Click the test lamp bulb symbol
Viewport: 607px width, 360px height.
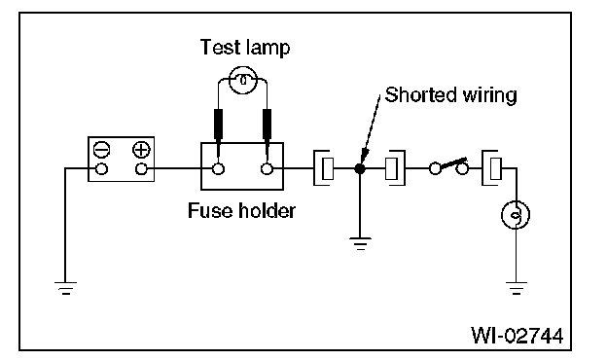click(243, 80)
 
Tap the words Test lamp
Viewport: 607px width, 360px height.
click(245, 48)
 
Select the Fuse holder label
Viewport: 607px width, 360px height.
click(241, 211)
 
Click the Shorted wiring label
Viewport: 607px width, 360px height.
click(451, 95)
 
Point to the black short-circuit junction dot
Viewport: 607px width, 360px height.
click(360, 168)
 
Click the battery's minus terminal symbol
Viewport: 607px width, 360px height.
click(102, 150)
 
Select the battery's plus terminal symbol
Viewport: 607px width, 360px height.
click(141, 150)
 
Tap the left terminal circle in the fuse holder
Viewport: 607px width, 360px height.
click(218, 169)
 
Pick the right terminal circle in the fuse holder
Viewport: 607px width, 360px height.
click(267, 169)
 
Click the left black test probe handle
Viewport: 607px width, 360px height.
click(218, 124)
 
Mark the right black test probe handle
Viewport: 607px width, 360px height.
click(267, 124)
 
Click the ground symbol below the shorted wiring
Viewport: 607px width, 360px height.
click(360, 244)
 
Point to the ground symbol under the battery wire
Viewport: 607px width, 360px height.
click(65, 288)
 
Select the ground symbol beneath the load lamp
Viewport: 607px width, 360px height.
click(516, 288)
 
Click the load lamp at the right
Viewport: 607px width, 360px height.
click(516, 215)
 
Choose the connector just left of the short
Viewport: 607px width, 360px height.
click(323, 168)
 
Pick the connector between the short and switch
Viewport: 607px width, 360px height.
click(395, 168)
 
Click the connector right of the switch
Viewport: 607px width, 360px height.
click(492, 168)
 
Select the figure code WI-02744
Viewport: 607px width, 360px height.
click(518, 336)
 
